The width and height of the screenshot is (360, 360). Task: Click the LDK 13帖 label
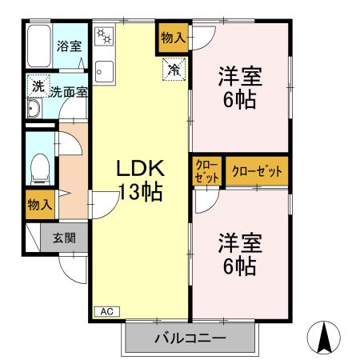[x=141, y=179]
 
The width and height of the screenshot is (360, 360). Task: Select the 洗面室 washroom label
[x=69, y=92]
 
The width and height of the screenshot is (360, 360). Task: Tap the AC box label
[x=106, y=310]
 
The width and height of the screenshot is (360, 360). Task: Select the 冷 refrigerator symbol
[x=173, y=69]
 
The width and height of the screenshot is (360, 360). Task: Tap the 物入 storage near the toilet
[x=39, y=204]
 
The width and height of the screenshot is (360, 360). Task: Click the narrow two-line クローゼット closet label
[x=206, y=171]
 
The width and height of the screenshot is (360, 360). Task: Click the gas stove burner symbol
[x=106, y=37]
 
